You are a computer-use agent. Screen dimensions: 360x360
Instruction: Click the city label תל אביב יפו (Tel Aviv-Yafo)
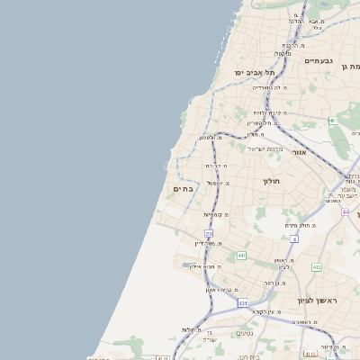click(255, 72)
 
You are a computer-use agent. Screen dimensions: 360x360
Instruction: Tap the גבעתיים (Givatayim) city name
click(319, 60)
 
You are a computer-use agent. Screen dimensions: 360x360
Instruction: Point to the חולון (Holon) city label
click(272, 181)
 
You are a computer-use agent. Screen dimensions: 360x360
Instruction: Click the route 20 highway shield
click(209, 233)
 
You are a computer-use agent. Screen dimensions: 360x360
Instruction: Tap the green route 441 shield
click(241, 256)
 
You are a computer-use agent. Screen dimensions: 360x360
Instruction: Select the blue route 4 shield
click(293, 238)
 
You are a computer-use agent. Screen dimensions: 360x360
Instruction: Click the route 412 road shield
click(317, 267)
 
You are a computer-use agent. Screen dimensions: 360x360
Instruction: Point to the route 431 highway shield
click(242, 303)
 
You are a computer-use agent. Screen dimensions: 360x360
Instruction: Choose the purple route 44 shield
click(346, 211)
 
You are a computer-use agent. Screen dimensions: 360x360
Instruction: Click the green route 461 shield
click(332, 120)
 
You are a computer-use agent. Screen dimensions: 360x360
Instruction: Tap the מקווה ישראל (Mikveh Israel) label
click(264, 148)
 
